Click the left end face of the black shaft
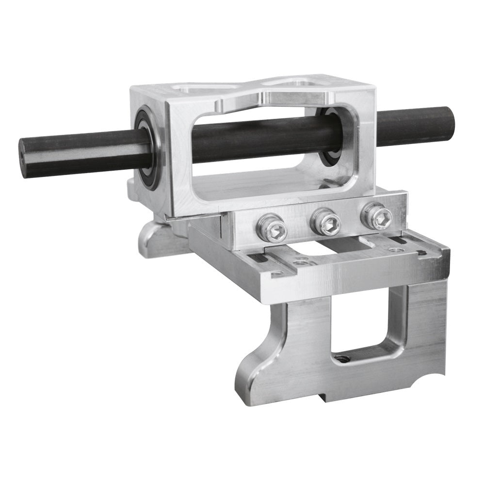[x=24, y=156]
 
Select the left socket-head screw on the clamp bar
[x=271, y=227]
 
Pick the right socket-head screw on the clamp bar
[x=376, y=216]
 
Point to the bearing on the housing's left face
[x=147, y=148]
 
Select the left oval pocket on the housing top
[x=204, y=88]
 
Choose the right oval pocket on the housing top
[x=291, y=81]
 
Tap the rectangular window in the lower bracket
[x=366, y=320]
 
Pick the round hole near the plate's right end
[x=398, y=250]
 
